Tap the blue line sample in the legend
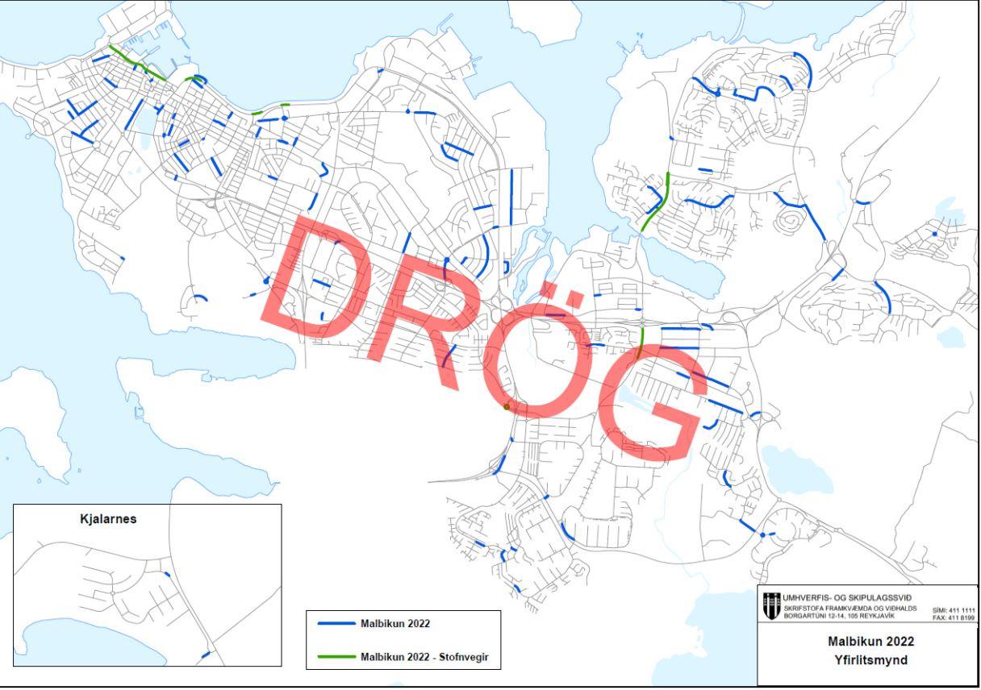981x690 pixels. (332, 624)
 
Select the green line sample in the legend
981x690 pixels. (332, 657)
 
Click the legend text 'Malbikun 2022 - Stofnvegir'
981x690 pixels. (430, 657)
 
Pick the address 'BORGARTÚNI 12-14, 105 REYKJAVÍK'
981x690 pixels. (839, 617)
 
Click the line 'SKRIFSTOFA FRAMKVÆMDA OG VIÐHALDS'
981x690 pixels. (844, 608)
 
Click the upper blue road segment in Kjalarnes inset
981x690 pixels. (167, 574)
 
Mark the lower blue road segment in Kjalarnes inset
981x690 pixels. (205, 654)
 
